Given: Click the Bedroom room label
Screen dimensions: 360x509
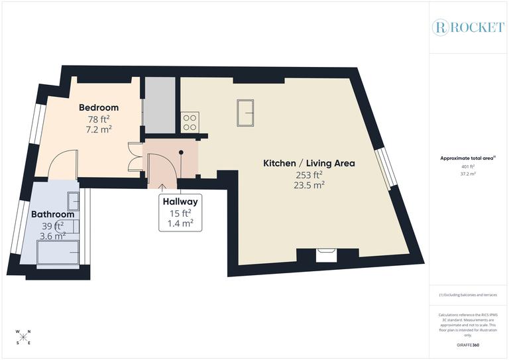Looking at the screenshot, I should [99, 107].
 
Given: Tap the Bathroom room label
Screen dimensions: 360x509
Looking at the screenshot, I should [52, 214].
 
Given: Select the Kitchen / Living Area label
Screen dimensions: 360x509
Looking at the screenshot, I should [310, 163].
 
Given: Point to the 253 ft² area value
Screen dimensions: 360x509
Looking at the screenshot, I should [310, 175].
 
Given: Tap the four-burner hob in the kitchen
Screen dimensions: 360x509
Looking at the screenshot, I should [190, 122].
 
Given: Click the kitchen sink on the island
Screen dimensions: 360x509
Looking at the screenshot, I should [245, 112].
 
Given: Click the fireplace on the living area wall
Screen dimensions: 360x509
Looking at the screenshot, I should [326, 255].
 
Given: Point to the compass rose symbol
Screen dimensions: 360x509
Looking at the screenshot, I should [24, 337].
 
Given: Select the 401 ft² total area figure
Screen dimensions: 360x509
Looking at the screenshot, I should [468, 166].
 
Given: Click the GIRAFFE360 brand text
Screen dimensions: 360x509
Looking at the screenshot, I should [468, 345].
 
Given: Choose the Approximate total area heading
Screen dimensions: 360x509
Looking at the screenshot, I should [468, 158].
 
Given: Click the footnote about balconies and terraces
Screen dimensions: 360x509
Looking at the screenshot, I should [468, 294].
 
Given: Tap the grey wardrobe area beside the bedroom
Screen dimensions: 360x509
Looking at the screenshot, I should [160, 103].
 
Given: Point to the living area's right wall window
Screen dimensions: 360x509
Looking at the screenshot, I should [385, 166].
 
